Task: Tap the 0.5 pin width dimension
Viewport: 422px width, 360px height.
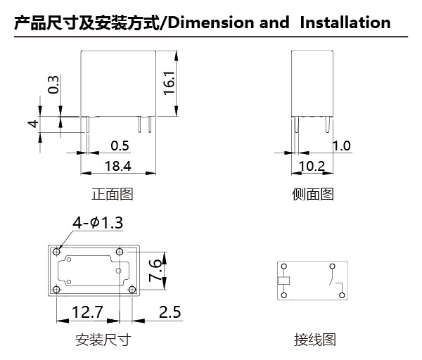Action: (120, 146)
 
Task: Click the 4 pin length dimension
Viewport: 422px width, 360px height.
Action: (33, 125)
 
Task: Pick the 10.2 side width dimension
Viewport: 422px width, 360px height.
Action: (312, 166)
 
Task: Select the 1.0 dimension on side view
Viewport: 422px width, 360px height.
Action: (341, 146)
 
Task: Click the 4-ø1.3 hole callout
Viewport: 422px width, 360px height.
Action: (97, 223)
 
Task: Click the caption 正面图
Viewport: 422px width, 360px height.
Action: (112, 194)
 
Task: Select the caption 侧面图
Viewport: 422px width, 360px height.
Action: (313, 194)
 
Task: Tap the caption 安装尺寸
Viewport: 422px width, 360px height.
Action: (103, 341)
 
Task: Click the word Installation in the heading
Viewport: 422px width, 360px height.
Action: (345, 22)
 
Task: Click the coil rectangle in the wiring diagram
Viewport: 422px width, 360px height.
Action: (283, 281)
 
